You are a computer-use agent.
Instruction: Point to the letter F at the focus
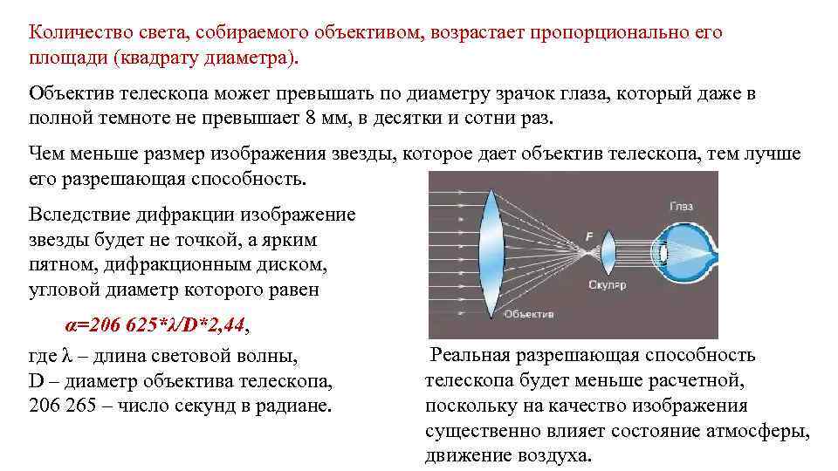pos(589,236)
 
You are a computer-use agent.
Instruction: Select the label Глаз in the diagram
pos(683,206)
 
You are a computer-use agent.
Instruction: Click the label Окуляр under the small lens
pos(608,285)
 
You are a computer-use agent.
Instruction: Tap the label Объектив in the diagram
pos(529,314)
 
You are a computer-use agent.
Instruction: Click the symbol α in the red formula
pos(71,326)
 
